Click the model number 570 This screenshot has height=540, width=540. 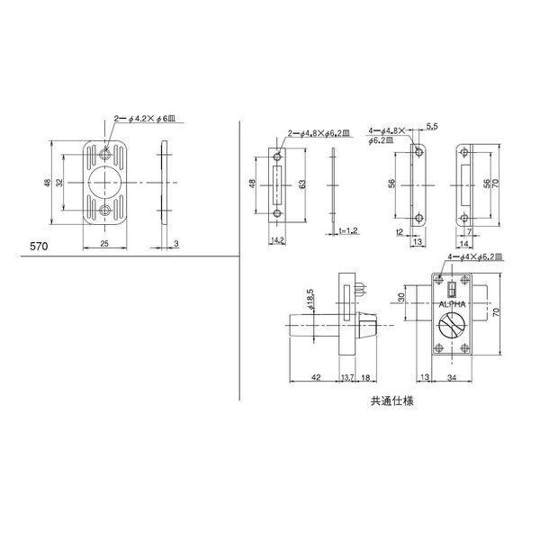(39, 245)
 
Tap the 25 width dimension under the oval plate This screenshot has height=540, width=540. (105, 244)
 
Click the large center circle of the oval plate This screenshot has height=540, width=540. (106, 184)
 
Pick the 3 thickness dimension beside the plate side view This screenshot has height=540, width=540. (177, 244)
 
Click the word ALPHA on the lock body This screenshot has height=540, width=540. (454, 306)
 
